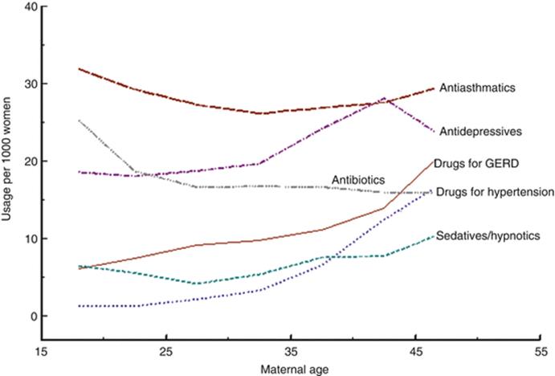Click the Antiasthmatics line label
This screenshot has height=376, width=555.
[x=478, y=88]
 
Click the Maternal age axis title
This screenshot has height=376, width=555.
[x=291, y=369]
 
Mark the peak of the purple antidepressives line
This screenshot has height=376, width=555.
[x=384, y=99]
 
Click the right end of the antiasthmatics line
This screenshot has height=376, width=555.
[x=434, y=88]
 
